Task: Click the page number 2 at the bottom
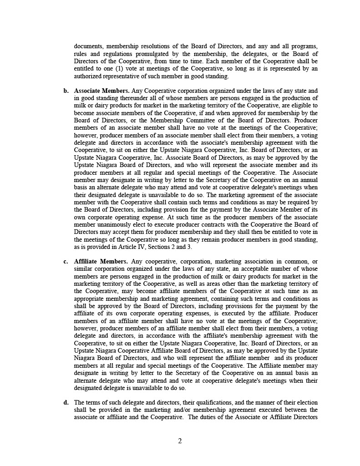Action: coord(180,441)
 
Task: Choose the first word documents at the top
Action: coord(88,47)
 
